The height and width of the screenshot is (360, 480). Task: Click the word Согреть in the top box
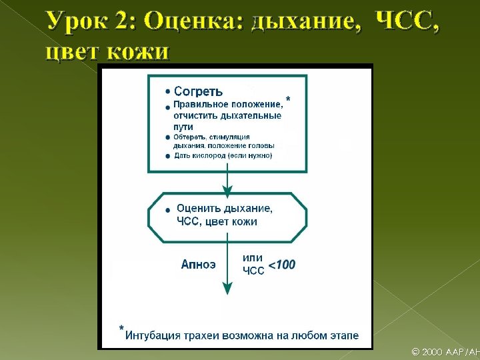pyautogui.click(x=198, y=92)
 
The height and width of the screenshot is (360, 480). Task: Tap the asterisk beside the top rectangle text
pyautogui.click(x=288, y=99)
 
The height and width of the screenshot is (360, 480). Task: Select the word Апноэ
pyautogui.click(x=199, y=265)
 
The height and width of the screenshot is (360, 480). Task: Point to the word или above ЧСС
pyautogui.click(x=252, y=257)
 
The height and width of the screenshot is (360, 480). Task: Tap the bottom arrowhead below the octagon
pyautogui.click(x=227, y=287)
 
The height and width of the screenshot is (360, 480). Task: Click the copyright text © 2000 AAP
pyautogui.click(x=440, y=352)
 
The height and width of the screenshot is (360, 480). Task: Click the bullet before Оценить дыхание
pyautogui.click(x=167, y=211)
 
